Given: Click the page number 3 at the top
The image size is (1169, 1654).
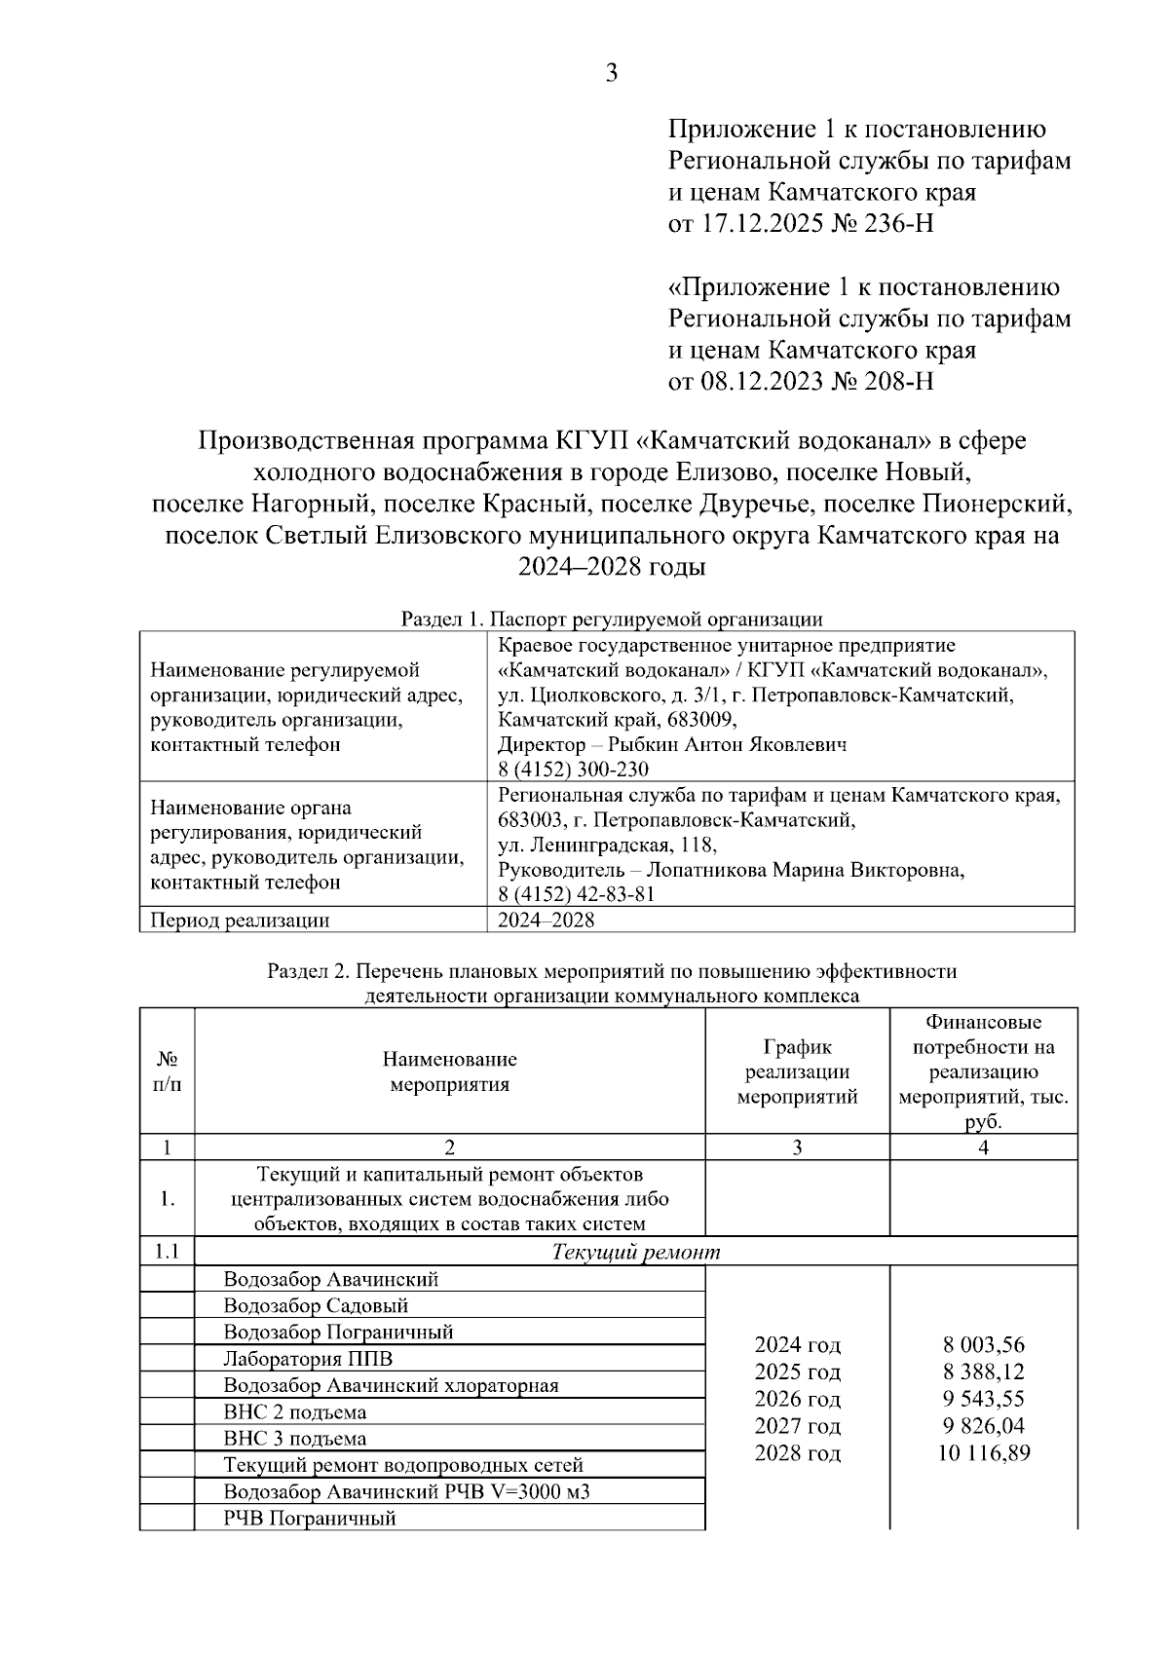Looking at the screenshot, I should click(612, 73).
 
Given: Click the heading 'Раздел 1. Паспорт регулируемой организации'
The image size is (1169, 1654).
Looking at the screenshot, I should click(612, 620).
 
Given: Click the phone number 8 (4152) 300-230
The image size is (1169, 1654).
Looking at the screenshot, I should click(573, 770).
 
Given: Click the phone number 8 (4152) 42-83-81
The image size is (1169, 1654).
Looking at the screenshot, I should click(576, 894).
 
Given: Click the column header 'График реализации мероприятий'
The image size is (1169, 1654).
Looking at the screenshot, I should click(797, 1071).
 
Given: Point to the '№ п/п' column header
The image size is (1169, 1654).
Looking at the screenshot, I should click(167, 1071).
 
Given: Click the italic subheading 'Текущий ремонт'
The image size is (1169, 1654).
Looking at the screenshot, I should click(636, 1252).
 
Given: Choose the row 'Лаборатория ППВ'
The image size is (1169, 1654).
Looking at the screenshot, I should click(308, 1359).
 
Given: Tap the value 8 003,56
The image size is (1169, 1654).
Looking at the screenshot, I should click(983, 1345).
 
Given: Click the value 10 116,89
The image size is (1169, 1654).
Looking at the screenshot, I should click(983, 1453).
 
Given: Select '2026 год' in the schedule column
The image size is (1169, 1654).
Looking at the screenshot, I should click(797, 1399).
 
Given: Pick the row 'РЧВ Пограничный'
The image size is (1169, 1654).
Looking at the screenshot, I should click(310, 1518).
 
